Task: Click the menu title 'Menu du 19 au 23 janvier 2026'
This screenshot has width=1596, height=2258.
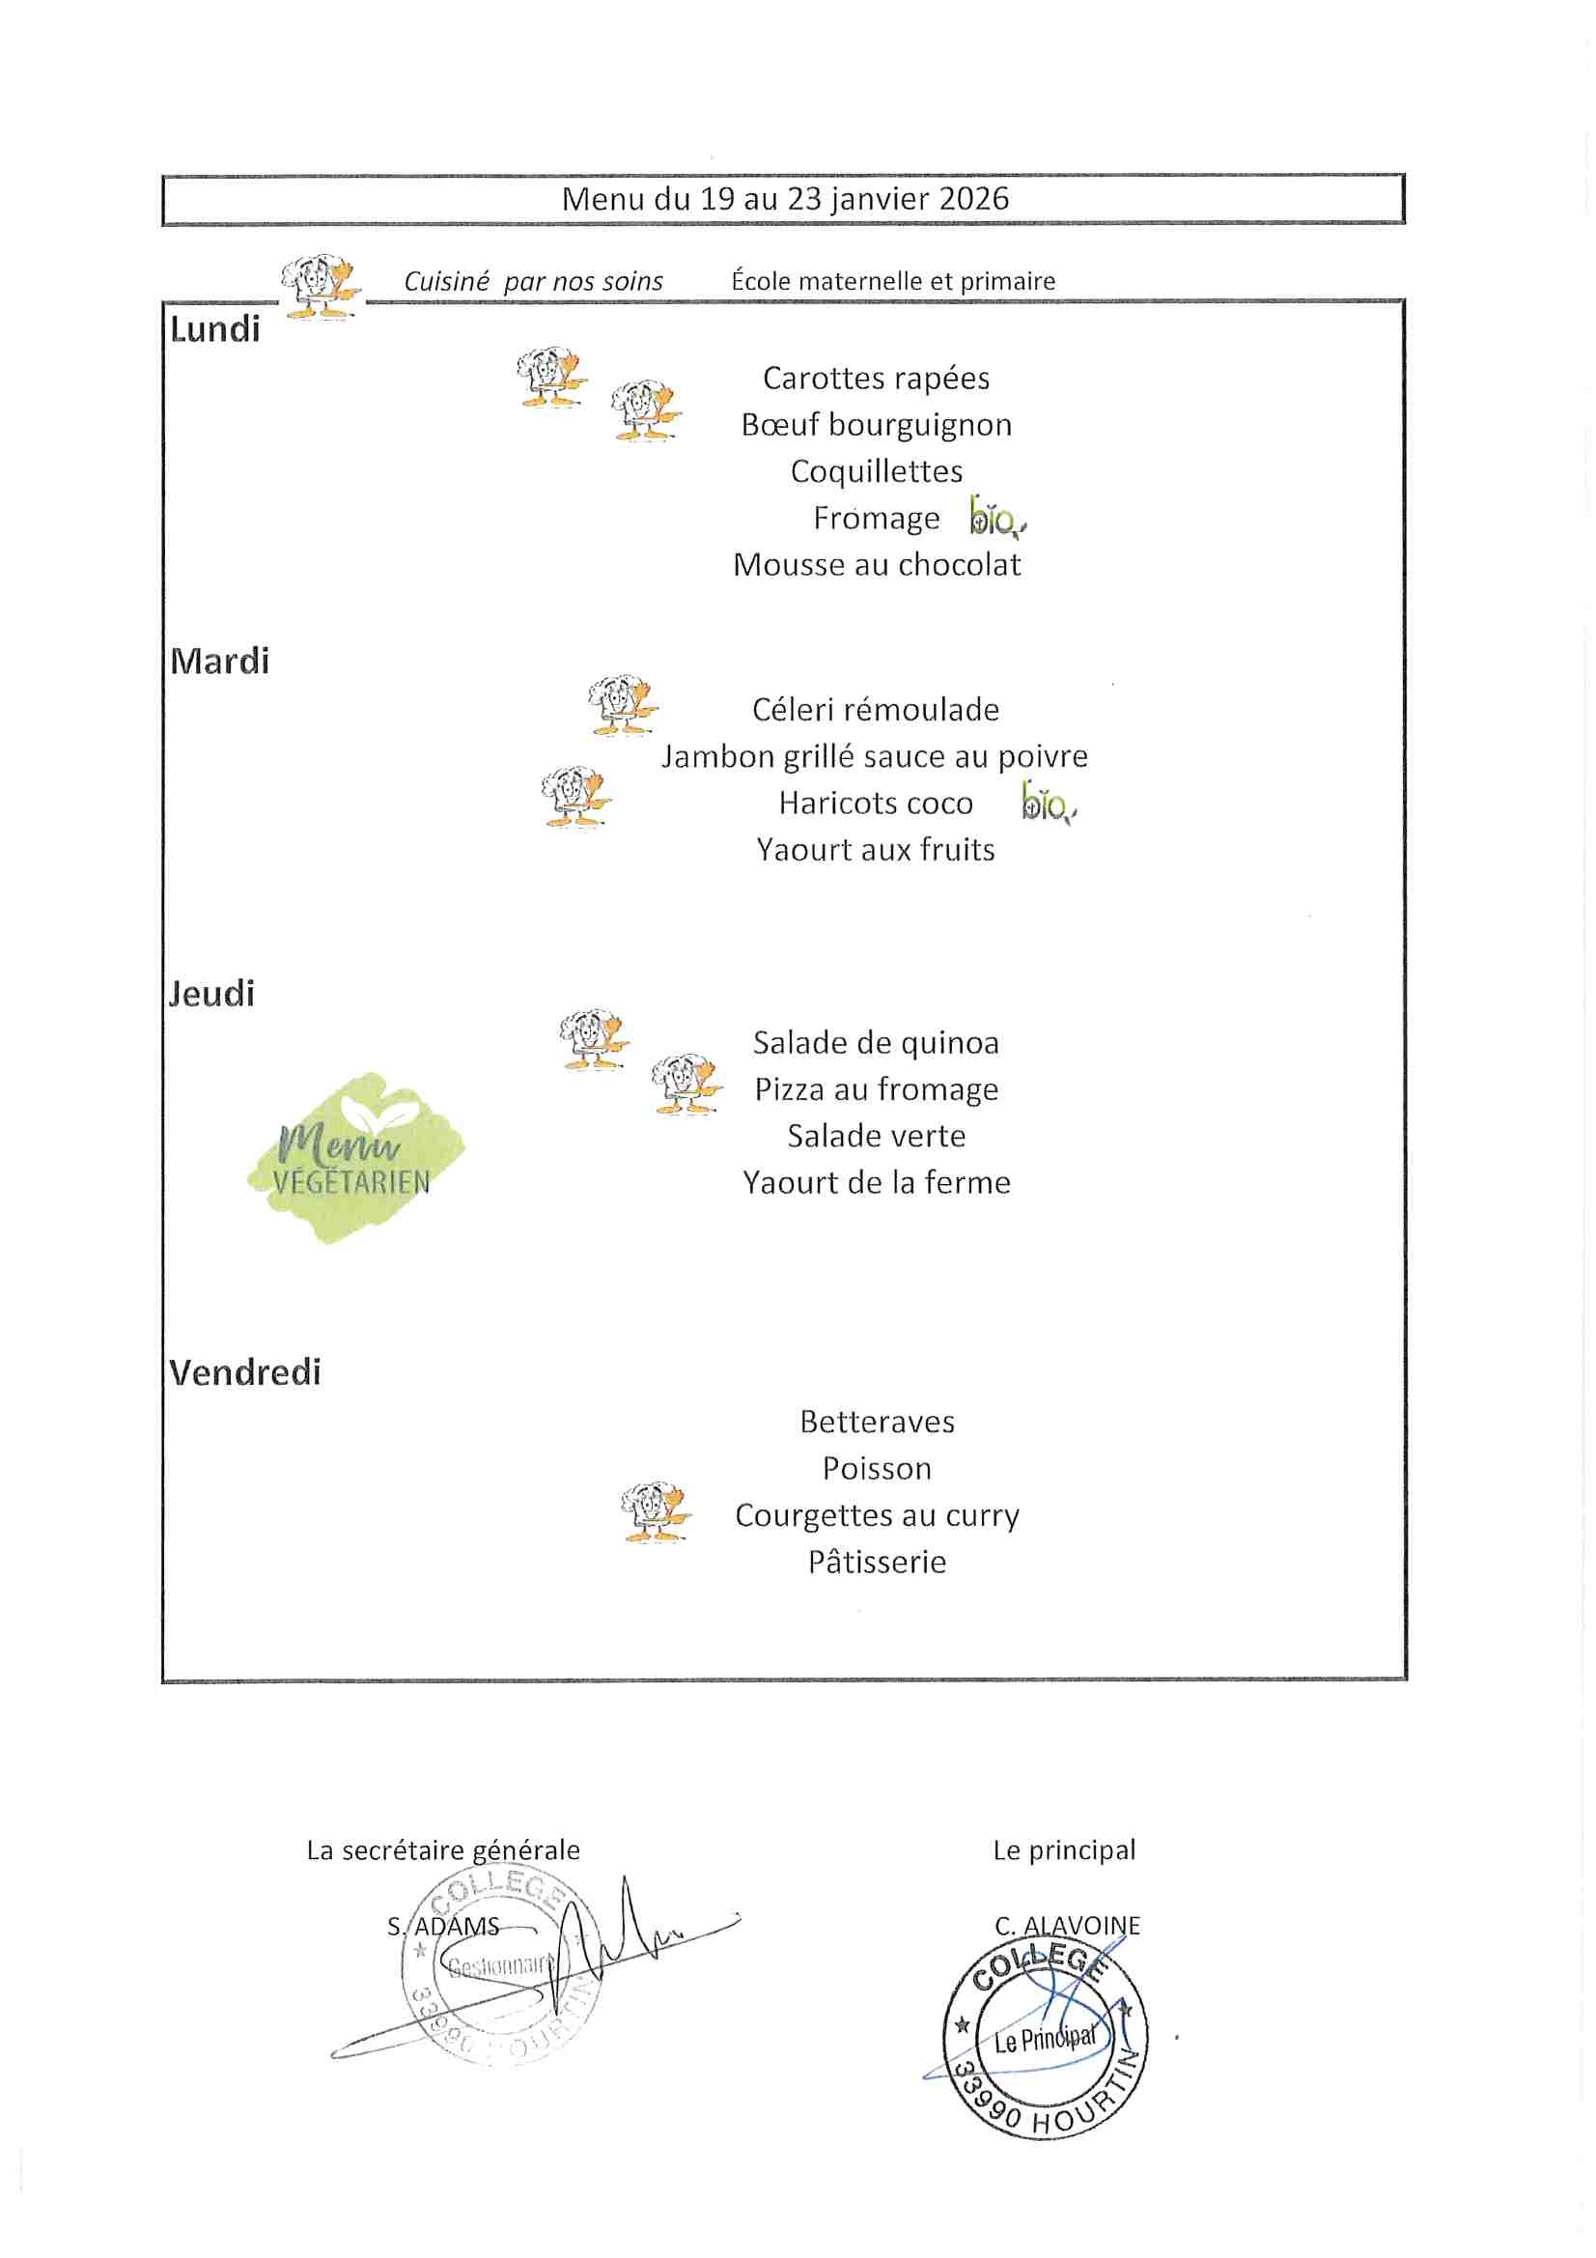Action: coord(785,199)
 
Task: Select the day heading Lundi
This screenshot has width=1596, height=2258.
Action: coord(214,329)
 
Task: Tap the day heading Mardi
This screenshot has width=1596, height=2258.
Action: coord(219,662)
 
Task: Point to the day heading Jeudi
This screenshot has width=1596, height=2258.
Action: coord(211,994)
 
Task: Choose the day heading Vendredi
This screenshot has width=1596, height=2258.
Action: coord(245,1373)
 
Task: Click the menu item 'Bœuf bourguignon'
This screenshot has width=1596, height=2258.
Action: coord(876,425)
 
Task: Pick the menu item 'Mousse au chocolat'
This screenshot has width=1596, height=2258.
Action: coord(876,564)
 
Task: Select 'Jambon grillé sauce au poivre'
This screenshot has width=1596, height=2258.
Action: coord(874,756)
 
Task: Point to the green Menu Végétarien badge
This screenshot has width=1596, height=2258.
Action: coord(354,1159)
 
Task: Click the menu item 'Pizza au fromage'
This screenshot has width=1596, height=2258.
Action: coord(876,1089)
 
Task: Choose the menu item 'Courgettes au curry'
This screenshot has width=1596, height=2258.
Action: coord(876,1515)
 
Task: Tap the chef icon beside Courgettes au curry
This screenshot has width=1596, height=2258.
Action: coord(655,1511)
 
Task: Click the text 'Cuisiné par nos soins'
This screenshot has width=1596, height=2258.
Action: coord(533,282)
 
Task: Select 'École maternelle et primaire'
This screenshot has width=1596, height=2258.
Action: coord(893,281)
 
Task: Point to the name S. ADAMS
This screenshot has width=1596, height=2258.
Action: coord(443,1927)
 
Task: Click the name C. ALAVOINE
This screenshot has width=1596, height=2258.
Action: coord(1067,1926)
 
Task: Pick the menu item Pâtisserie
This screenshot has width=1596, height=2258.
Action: coord(876,1563)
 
